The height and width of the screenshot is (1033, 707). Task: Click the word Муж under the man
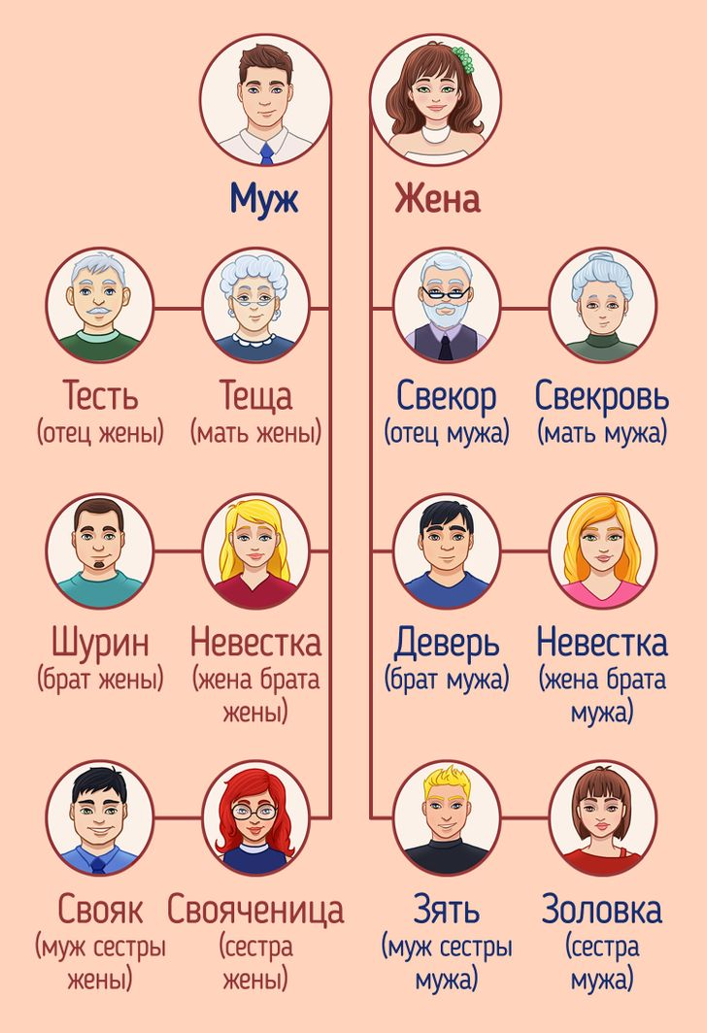tap(264, 198)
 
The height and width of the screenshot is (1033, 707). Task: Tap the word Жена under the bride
tap(437, 198)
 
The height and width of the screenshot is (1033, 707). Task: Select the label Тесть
tap(100, 395)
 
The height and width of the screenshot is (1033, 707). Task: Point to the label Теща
tap(255, 396)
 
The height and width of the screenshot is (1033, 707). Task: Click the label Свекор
tap(446, 396)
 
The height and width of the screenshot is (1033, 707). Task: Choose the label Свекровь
tap(601, 396)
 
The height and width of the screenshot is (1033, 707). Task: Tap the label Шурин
tap(100, 643)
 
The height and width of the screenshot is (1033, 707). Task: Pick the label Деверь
tap(446, 643)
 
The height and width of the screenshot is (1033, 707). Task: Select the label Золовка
tap(601, 909)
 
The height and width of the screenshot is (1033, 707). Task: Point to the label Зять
tap(446, 909)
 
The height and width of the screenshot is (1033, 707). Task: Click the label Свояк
tap(100, 909)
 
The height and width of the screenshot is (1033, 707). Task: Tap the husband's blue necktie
tap(266, 154)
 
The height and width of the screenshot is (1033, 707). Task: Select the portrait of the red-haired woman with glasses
tap(255, 818)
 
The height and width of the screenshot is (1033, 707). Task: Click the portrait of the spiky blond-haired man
tap(446, 818)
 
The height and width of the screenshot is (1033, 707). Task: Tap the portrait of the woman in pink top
tap(602, 552)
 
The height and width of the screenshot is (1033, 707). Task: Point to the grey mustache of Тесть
tap(99, 310)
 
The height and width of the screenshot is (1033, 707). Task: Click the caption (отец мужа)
tap(446, 433)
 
